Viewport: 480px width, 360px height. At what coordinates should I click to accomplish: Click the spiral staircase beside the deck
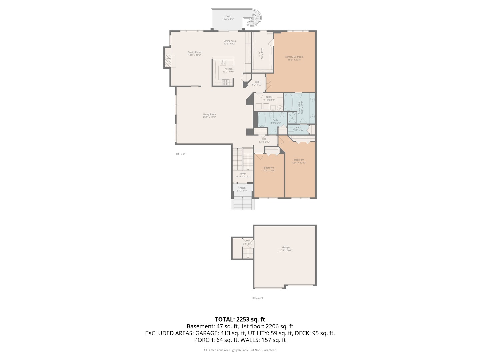coord(255,19)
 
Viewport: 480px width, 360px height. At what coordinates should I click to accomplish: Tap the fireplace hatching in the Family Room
coord(169,61)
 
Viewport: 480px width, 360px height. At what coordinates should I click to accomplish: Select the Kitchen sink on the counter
coord(222,63)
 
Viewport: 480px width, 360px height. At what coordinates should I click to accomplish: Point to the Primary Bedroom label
coord(294,57)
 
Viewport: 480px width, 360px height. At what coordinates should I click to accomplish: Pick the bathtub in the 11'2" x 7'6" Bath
coord(262,120)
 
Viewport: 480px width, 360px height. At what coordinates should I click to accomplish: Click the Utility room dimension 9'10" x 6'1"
coord(269,100)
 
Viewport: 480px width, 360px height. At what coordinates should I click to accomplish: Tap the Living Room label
coord(209,114)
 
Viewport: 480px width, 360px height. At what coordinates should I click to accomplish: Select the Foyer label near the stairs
coord(243,174)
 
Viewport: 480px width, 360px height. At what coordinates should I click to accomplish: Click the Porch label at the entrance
coord(242,188)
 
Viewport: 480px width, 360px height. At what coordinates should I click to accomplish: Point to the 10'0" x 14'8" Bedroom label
coord(269,168)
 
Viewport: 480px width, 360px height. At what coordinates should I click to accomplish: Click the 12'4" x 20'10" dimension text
coord(299,163)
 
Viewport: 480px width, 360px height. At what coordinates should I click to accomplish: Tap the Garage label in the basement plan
coord(286,247)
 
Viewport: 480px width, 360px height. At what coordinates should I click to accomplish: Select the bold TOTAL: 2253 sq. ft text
coord(240,319)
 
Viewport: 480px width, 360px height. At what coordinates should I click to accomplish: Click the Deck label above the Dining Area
coord(228,16)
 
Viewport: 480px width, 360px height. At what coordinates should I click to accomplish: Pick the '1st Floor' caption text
coord(180,154)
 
